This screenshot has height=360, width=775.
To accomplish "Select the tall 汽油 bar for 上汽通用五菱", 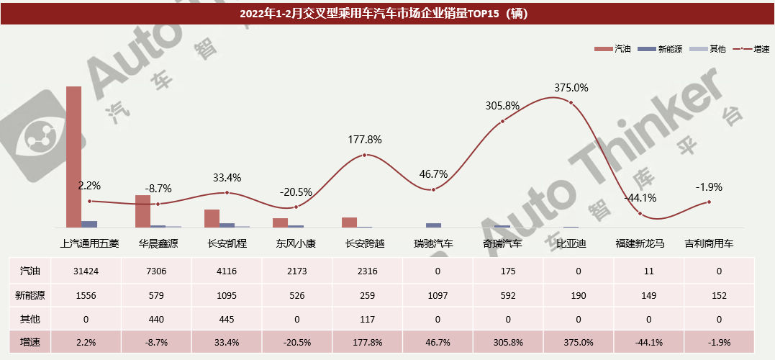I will (x=73, y=157).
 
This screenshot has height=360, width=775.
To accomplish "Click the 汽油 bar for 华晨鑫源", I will (x=142, y=211).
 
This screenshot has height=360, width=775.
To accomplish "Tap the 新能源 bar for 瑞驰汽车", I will (x=433, y=225).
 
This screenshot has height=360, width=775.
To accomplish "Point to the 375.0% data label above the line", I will (x=571, y=88).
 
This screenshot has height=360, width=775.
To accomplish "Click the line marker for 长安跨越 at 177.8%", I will (x=365, y=155).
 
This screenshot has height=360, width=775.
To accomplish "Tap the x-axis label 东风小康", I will (x=295, y=244).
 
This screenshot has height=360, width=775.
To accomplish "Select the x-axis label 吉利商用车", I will (x=709, y=244).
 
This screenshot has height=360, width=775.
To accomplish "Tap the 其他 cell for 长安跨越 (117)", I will (x=365, y=318).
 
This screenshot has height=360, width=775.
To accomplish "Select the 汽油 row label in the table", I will (x=30, y=271).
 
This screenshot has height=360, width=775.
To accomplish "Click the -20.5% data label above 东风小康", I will (x=296, y=192).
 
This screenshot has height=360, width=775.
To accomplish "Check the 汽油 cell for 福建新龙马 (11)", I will (x=640, y=271).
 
